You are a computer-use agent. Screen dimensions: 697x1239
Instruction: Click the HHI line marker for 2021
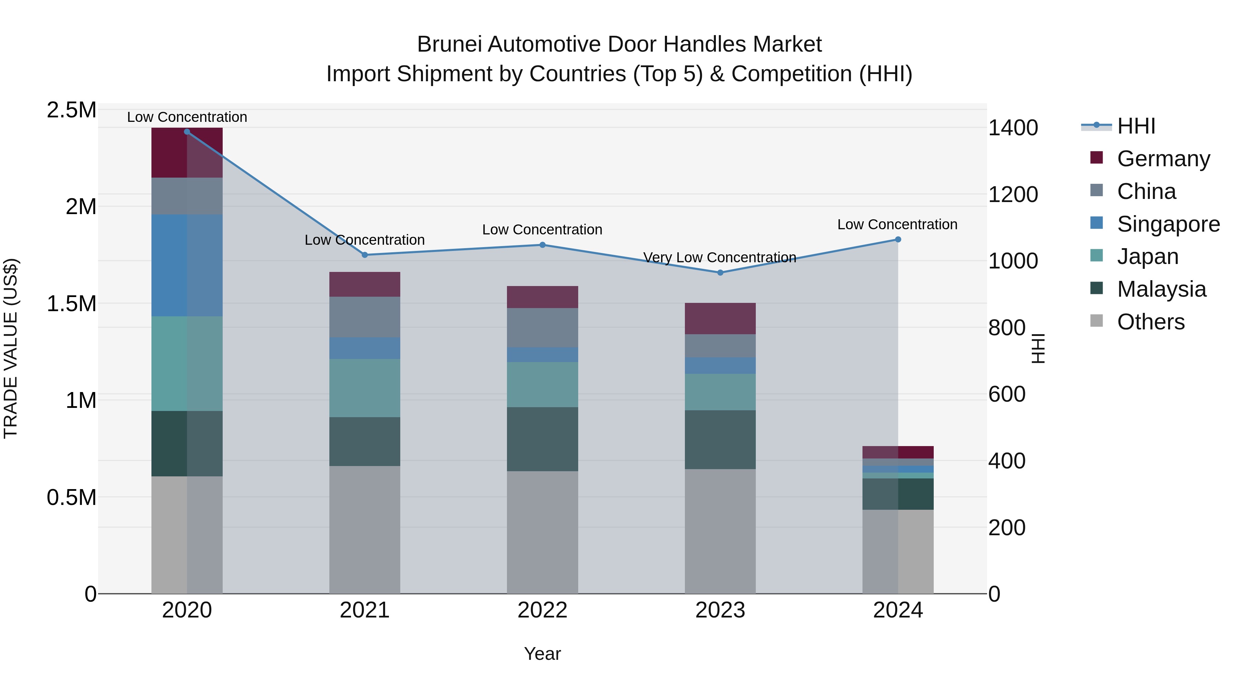click(364, 255)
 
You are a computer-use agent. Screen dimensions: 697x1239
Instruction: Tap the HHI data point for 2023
click(720, 273)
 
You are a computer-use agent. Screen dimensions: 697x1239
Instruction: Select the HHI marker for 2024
click(898, 240)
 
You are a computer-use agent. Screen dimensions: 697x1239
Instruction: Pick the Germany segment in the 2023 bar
click(720, 318)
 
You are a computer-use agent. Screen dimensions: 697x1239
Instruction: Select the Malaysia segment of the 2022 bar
click(542, 439)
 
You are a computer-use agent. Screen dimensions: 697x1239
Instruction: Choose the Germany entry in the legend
click(1163, 159)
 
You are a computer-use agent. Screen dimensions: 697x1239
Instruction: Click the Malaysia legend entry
click(1161, 289)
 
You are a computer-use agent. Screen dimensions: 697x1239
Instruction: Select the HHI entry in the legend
click(1136, 126)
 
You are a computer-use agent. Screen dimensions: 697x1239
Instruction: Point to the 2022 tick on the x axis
click(542, 610)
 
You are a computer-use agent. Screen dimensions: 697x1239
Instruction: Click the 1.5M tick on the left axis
click(72, 304)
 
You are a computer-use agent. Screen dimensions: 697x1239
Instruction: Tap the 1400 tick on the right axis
click(1013, 128)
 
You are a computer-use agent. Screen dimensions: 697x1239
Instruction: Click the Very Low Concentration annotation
click(720, 257)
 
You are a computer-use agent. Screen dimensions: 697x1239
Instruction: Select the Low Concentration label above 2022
click(542, 230)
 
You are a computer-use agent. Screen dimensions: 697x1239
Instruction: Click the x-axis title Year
click(542, 654)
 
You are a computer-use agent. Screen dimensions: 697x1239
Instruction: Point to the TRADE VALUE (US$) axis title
click(11, 348)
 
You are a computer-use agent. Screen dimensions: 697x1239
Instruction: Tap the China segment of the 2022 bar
click(542, 328)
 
